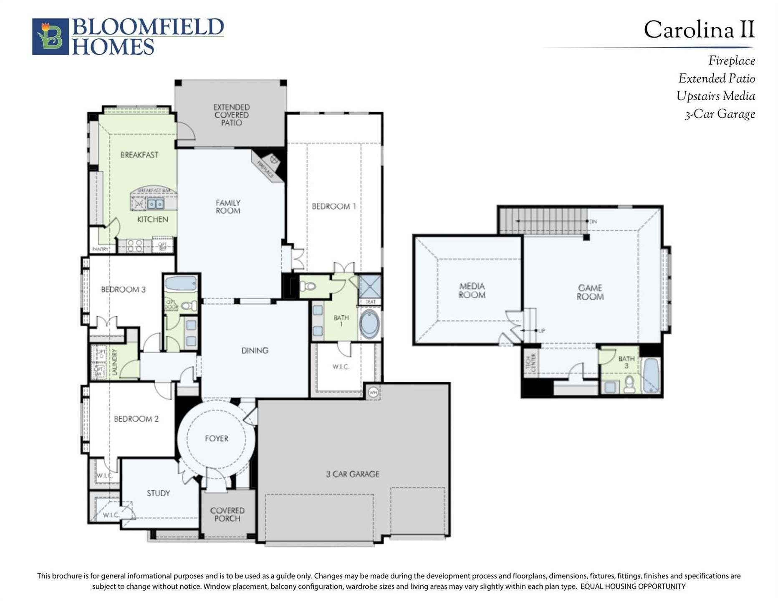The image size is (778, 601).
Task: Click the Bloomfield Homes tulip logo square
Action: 50,37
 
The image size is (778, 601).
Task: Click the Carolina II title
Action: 699,30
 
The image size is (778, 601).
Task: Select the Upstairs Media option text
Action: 715,96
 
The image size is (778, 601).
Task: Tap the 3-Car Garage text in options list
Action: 720,114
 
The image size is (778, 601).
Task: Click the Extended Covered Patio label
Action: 231,115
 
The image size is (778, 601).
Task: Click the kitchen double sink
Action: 155,204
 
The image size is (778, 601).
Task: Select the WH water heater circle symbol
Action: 373,392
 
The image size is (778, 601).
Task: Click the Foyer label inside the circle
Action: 216,438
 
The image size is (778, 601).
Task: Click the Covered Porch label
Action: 227,514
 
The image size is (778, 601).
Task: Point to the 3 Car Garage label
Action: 352,474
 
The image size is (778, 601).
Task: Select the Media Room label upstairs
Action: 472,290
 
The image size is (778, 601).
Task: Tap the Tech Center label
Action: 530,363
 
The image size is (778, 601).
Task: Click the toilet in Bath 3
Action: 629,384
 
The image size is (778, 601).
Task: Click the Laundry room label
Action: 115,362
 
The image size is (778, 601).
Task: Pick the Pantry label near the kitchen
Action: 100,249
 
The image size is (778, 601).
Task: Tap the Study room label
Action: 158,493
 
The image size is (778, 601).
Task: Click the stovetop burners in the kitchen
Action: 134,245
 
